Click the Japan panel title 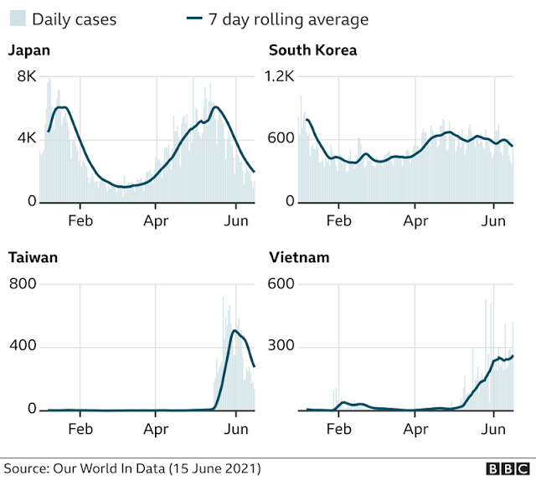(x=29, y=50)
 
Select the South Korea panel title (x=312, y=50)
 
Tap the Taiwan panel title (x=33, y=257)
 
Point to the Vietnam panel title (x=299, y=257)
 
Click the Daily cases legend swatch (x=18, y=18)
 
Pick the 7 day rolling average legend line (x=194, y=18)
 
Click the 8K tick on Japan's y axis (x=27, y=76)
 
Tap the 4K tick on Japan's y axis (x=27, y=138)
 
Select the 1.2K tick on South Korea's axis (x=280, y=76)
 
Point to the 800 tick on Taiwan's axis (x=23, y=283)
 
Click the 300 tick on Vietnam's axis (x=281, y=345)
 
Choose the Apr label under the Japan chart (x=156, y=221)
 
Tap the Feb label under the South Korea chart (x=338, y=221)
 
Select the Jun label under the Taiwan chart (x=236, y=429)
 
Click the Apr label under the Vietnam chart (x=415, y=429)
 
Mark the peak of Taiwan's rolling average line (x=234, y=330)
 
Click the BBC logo (x=508, y=468)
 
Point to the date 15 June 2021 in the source (x=214, y=468)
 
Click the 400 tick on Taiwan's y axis (x=23, y=345)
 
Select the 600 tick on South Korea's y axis (x=281, y=138)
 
